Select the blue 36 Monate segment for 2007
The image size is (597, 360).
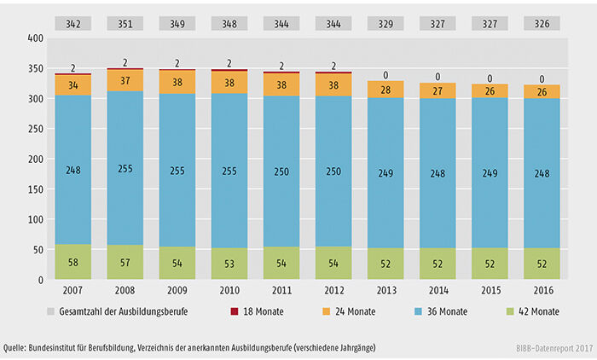coord(74,171)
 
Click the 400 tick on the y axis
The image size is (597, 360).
coord(34,39)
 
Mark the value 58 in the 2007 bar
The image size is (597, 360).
coord(74,261)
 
